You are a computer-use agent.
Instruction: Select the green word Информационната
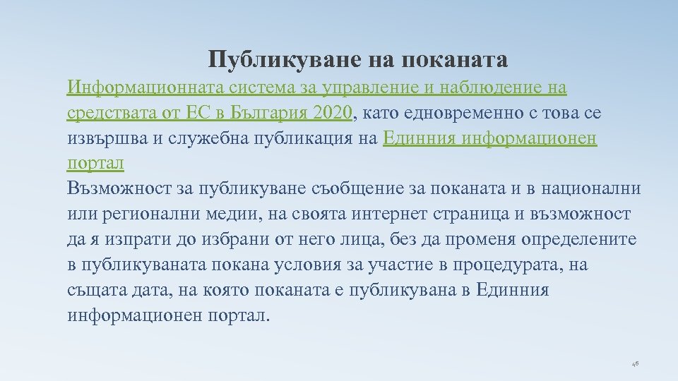145,88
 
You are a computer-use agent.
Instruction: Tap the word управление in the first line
359,88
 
